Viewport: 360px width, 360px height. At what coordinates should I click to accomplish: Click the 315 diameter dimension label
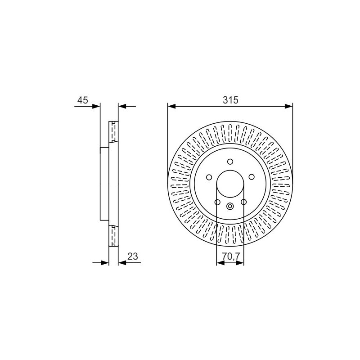pyautogui.click(x=230, y=100)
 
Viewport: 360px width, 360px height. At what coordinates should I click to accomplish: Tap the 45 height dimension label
pyautogui.click(x=83, y=100)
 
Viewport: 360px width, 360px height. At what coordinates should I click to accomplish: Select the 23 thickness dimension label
pyautogui.click(x=133, y=256)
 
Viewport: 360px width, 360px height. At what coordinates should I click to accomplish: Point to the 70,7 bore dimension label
pyautogui.click(x=230, y=256)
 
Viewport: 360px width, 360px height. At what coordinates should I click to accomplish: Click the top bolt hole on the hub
pyautogui.click(x=230, y=162)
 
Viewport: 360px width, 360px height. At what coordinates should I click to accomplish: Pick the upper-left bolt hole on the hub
pyautogui.click(x=209, y=177)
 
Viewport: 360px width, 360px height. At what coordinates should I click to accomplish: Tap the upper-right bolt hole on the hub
pyautogui.click(x=252, y=177)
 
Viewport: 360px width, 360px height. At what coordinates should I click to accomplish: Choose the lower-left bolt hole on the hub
pyautogui.click(x=217, y=202)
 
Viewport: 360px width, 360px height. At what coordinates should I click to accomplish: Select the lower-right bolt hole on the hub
pyautogui.click(x=243, y=202)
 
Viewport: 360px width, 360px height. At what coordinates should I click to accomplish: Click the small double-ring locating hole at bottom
pyautogui.click(x=230, y=206)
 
